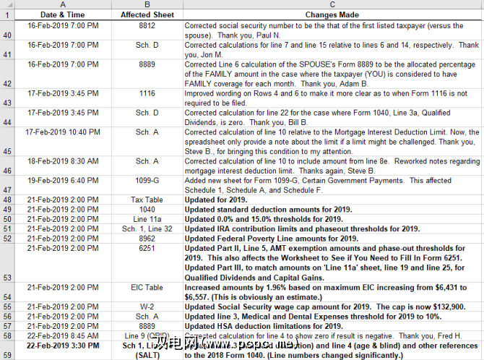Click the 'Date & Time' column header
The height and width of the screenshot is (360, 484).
[x=62, y=14]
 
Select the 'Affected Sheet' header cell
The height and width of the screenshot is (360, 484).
[x=147, y=14]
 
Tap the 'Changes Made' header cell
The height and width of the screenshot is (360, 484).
[x=332, y=14]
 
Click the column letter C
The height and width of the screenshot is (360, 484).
[x=332, y=4]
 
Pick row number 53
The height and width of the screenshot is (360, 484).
[x=7, y=277]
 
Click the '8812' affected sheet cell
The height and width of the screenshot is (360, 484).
[x=147, y=25]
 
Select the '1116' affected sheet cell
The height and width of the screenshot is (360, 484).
[x=147, y=94]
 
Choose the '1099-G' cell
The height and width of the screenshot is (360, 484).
[x=147, y=180]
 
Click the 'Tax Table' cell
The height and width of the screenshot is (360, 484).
[x=147, y=200]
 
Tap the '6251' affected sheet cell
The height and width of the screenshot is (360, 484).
[x=147, y=248]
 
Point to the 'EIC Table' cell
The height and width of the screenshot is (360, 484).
[x=147, y=287]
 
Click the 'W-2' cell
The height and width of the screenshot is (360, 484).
[x=147, y=307]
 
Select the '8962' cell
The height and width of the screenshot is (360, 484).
[x=147, y=239]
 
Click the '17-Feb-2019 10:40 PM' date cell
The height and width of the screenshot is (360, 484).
[x=62, y=132]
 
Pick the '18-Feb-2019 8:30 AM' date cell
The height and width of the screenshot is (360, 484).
[x=62, y=161]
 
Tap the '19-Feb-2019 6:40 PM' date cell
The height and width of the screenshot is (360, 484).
[x=62, y=180]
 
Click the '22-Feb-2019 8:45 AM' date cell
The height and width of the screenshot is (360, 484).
[x=62, y=336]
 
